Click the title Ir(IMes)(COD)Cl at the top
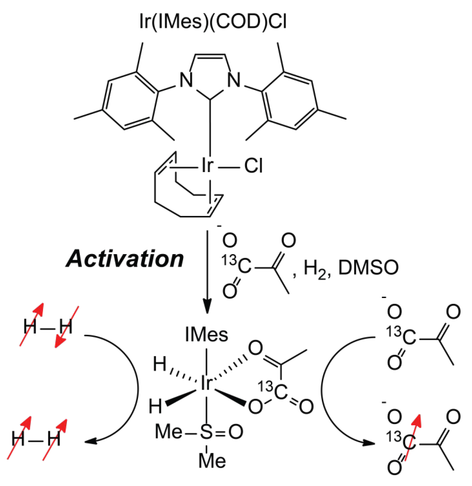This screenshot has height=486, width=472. point(213,21)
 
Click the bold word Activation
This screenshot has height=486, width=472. point(125,259)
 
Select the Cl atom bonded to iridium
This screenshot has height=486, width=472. point(253,166)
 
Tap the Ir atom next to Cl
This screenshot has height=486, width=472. point(207,166)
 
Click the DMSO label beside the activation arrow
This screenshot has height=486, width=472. point(368,267)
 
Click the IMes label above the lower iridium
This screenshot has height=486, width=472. point(207,334)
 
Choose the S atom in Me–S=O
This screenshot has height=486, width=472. point(206,432)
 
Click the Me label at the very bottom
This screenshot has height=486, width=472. point(212,461)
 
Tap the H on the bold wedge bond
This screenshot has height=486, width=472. point(156,406)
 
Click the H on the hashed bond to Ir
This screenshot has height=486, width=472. point(159,364)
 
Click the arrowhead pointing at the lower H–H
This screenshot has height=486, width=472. point(90,441)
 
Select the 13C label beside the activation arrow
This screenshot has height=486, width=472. point(237,265)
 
